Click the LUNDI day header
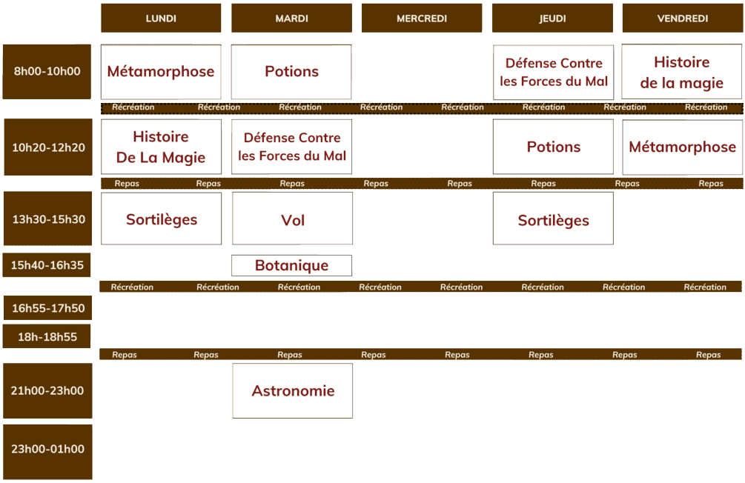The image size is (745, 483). [161, 18]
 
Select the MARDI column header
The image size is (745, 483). [292, 18]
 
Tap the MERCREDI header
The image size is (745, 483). [422, 18]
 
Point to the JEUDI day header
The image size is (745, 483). [552, 18]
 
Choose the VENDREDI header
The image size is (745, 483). [682, 18]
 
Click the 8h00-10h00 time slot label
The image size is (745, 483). [47, 72]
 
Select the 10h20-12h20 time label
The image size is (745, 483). [48, 147]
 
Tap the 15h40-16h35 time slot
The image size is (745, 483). [47, 265]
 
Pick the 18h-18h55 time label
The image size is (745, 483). [47, 337]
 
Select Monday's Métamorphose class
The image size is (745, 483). [161, 72]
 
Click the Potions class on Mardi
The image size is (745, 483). [291, 72]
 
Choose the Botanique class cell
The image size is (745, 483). [292, 265]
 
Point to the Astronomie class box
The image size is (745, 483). [293, 391]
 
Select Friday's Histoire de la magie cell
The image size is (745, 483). [682, 72]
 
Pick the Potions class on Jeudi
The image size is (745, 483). [553, 147]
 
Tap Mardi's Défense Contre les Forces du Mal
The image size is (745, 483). [292, 147]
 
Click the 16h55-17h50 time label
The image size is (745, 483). [48, 307]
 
